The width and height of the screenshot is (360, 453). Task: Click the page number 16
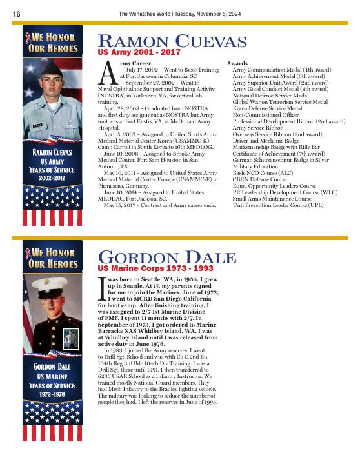(16, 14)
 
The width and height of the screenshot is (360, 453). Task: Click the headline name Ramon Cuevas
(172, 43)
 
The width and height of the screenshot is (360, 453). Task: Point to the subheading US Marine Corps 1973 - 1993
(155, 267)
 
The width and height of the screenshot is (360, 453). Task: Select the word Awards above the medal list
(237, 63)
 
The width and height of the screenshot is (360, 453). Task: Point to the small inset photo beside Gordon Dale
(70, 339)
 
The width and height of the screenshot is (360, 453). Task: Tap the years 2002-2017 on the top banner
(52, 176)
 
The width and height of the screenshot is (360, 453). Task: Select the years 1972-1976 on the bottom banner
(52, 392)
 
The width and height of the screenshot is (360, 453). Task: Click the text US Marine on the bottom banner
(52, 376)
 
